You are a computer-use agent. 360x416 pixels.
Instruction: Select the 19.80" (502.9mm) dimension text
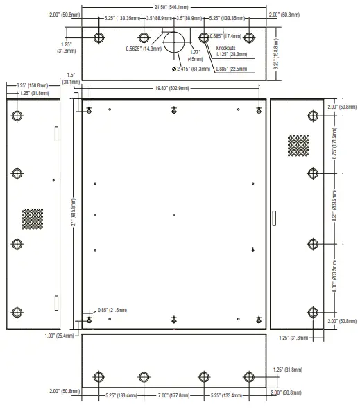point(174,89)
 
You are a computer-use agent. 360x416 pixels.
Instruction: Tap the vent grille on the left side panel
point(32,220)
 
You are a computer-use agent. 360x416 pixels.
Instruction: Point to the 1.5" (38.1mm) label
point(71,78)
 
